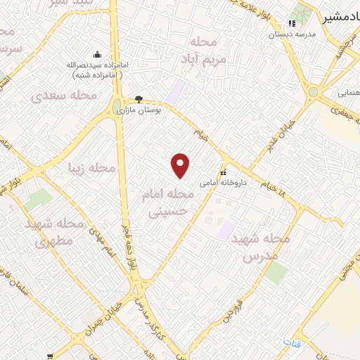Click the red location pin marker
point(181,164)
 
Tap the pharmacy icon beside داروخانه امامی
point(223,172)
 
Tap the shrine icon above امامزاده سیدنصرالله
point(96,55)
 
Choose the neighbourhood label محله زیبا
point(91,168)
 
